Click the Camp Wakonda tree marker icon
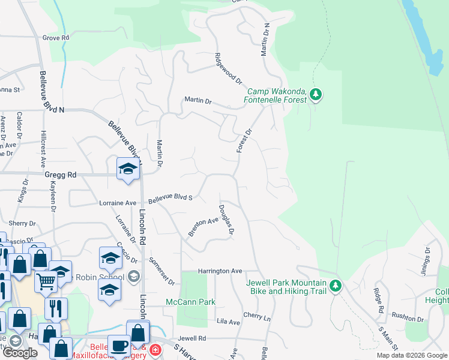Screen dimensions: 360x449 (316, 94)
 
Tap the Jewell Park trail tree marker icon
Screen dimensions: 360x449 (337, 286)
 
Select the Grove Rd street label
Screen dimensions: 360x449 (56, 37)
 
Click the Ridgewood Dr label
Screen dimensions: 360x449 (228, 68)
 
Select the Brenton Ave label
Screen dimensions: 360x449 (203, 226)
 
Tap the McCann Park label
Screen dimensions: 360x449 (190, 302)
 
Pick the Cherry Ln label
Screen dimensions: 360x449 (257, 315)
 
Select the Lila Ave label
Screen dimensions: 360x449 (228, 322)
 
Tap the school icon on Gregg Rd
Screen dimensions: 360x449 (128, 169)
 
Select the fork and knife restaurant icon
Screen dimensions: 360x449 (56, 308)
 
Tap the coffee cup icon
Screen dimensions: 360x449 (119, 346)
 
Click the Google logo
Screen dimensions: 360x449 (20, 353)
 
